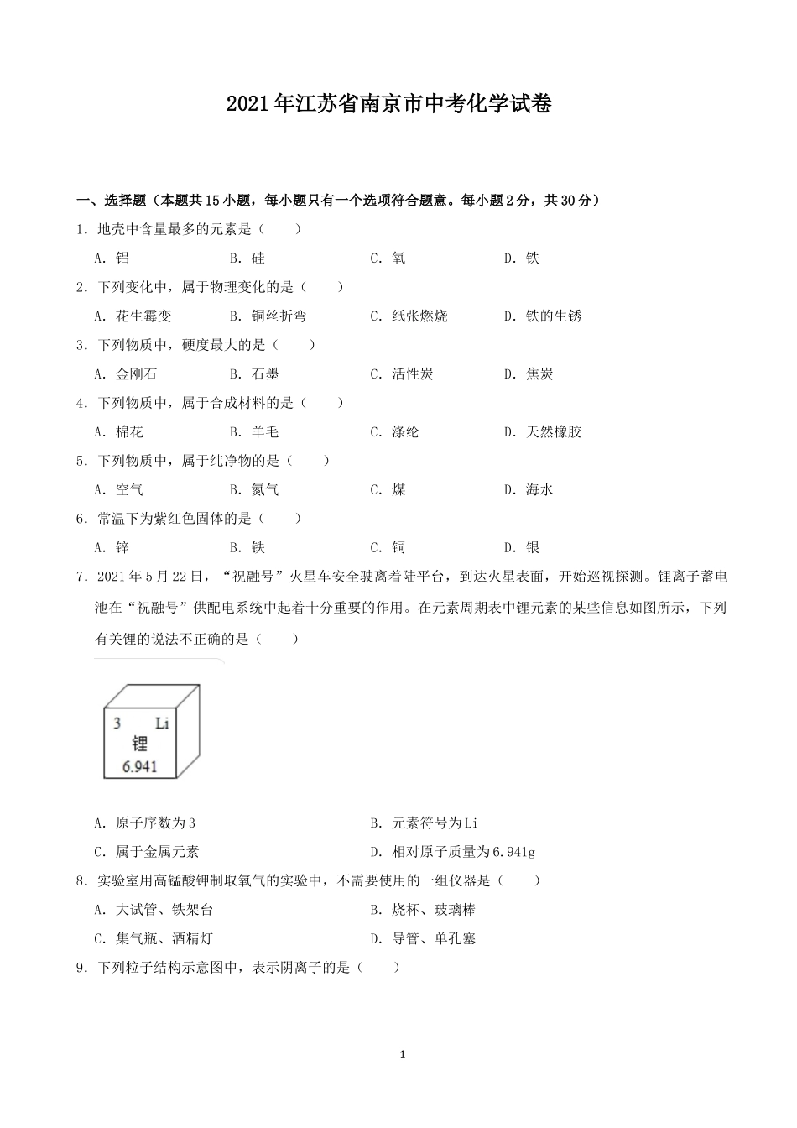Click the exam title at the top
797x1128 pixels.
pos(388,105)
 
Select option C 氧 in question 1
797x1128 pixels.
pos(388,258)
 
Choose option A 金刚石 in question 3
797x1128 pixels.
pos(125,374)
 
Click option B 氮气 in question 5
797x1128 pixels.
pos(254,490)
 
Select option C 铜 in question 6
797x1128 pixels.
pos(388,548)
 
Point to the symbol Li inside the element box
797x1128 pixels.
pos(162,723)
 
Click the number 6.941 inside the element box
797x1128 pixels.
pos(139,766)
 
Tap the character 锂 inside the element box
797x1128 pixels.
pos(139,744)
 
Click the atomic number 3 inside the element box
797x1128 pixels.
pos(117,723)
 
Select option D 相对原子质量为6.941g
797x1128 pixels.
pos(452,852)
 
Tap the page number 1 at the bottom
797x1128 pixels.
pos(403,1055)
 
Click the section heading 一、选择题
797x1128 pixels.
pos(112,201)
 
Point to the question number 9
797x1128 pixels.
pos(81,968)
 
